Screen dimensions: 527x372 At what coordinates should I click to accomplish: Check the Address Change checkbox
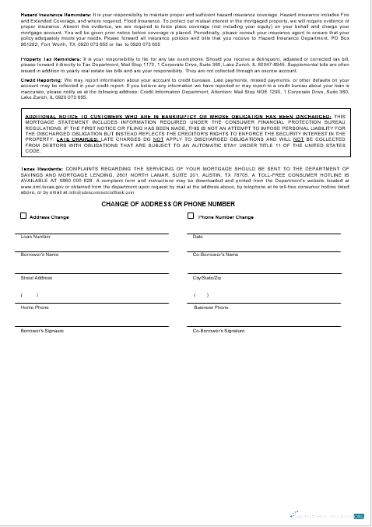(23, 217)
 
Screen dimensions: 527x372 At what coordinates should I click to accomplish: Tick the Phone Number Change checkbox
(191, 217)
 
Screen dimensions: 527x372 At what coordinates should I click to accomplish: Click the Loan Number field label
(36, 237)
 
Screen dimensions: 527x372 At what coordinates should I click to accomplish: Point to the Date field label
(198, 237)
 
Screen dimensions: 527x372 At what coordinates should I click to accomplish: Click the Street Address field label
(37, 277)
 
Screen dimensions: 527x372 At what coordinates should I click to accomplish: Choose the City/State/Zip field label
(207, 277)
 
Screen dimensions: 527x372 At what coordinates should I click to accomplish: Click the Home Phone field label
(34, 307)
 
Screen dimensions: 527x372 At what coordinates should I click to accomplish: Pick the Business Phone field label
(211, 307)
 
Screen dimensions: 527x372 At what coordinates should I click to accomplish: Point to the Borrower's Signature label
(43, 331)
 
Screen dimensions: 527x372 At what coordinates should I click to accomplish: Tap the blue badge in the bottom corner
(359, 515)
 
